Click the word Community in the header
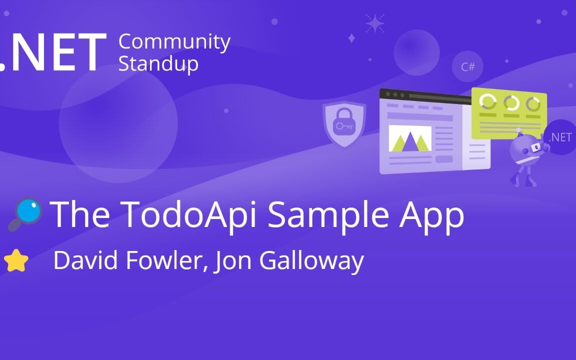(x=174, y=42)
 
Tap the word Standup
(x=158, y=64)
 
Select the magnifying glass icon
(x=25, y=214)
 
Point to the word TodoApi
(x=189, y=214)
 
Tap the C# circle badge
(x=467, y=66)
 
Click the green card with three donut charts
(x=509, y=112)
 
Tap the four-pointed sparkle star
(x=374, y=23)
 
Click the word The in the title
(x=80, y=214)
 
